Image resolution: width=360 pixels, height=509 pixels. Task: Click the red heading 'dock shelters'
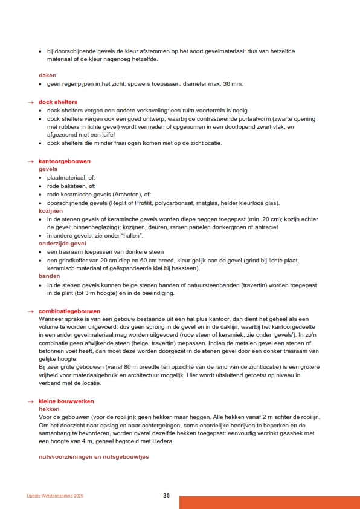click(x=58, y=102)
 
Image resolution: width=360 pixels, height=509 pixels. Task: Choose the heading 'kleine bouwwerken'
click(x=66, y=401)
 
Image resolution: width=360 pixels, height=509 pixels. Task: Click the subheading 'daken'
click(x=47, y=75)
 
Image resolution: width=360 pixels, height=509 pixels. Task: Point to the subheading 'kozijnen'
click(x=50, y=211)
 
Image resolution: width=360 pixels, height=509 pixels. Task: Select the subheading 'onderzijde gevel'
click(x=62, y=244)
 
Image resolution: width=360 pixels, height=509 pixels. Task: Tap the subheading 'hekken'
click(x=49, y=409)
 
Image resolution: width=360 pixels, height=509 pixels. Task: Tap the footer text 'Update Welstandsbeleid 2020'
click(x=55, y=496)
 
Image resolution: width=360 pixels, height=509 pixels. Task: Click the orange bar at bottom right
click(x=269, y=502)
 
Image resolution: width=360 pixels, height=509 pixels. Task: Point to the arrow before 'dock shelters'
click(x=30, y=102)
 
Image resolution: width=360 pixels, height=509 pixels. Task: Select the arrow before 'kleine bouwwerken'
click(x=30, y=401)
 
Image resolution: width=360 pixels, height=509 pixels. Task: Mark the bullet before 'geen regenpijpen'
click(x=40, y=83)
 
